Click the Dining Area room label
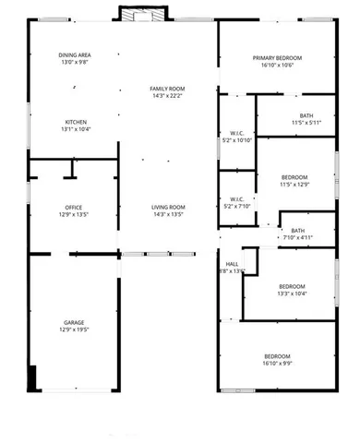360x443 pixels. click(75, 56)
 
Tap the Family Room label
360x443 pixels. click(167, 89)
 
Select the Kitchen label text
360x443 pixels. click(75, 122)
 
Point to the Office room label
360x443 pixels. click(74, 208)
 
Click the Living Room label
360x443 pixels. click(168, 208)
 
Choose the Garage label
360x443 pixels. click(74, 323)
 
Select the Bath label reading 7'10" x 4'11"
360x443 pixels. click(297, 231)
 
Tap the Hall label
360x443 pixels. click(232, 263)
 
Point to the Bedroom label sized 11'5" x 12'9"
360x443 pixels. click(294, 176)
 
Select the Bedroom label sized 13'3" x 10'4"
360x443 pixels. click(292, 286)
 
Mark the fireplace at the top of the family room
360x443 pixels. click(142, 14)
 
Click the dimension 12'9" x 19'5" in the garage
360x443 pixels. click(74, 329)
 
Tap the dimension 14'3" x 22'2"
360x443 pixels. click(167, 95)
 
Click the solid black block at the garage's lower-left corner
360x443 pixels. click(33, 378)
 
